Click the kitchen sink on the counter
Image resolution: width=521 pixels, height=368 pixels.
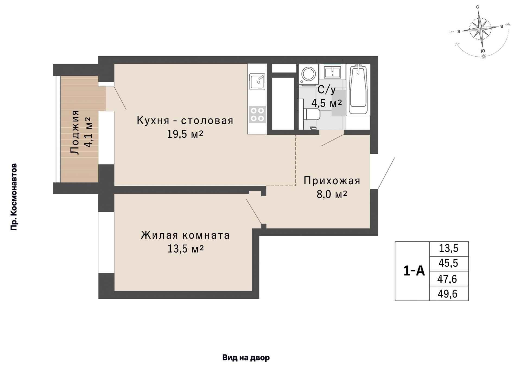pos(257,82)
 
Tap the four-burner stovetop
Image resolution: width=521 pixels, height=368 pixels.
pos(257,114)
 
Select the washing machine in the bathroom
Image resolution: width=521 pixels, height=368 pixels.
pos(308,74)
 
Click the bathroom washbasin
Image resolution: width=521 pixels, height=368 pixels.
pos(332,72)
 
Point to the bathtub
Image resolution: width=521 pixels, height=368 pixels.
pos(358,89)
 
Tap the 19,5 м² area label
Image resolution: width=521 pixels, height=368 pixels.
pos(185,134)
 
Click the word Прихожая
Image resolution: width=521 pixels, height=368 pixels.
pos(332,181)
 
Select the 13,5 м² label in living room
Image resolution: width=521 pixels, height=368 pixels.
pos(185,248)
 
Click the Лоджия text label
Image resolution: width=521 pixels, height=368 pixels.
pos(75,132)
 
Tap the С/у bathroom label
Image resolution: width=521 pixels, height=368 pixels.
pos(326,90)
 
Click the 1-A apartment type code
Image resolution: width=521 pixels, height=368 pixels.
pos(414,271)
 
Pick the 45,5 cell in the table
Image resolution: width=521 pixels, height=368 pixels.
pos(448,263)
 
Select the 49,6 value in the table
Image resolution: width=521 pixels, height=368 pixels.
pos(447,294)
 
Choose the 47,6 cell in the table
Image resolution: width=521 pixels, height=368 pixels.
pos(447,279)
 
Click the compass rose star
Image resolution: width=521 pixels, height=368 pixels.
pos(480,28)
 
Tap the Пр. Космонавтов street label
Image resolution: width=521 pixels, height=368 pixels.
pos(14,197)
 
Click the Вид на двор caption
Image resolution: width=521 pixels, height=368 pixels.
pos(246,358)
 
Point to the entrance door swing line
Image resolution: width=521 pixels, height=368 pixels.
pos(386,173)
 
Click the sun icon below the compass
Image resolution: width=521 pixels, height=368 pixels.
pos(483,57)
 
